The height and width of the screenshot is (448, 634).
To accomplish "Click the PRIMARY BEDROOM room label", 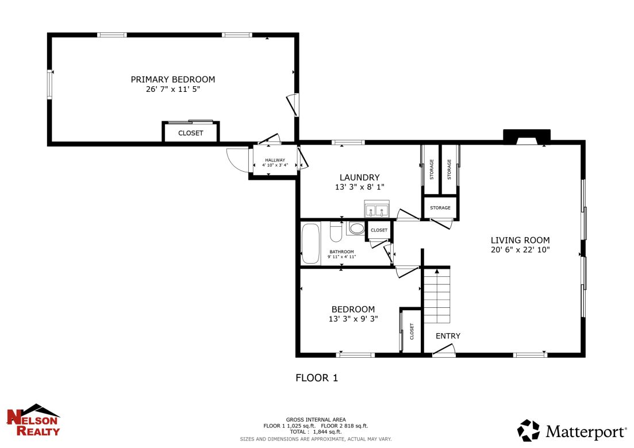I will tap(172, 79).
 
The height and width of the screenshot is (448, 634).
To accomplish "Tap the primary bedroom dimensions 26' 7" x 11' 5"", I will tap(172, 90).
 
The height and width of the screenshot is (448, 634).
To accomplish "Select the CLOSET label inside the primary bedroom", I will tap(190, 133).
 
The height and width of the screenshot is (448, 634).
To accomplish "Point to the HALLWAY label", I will tap(275, 160).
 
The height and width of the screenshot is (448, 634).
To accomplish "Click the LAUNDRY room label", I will tap(359, 177).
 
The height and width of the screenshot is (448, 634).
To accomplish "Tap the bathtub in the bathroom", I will tap(311, 244).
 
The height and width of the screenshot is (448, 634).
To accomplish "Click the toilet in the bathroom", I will tap(336, 231).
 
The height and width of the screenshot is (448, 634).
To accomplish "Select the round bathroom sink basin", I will tap(357, 229).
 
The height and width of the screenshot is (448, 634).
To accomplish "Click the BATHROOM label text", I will tap(341, 252).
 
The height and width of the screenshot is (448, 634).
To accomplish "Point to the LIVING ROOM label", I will tap(520, 240).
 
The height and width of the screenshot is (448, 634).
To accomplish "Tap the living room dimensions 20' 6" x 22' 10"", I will tap(520, 250).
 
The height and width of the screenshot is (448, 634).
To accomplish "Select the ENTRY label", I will tap(448, 336).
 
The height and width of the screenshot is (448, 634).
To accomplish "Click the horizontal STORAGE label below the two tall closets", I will tap(440, 208).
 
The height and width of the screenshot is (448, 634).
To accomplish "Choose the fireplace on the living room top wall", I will tap(527, 137).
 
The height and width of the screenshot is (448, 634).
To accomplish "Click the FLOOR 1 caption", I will tap(317, 378).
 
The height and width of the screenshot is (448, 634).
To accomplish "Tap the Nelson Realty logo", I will tap(33, 420).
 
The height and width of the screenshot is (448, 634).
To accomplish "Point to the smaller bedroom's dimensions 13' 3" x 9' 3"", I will tap(353, 319).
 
